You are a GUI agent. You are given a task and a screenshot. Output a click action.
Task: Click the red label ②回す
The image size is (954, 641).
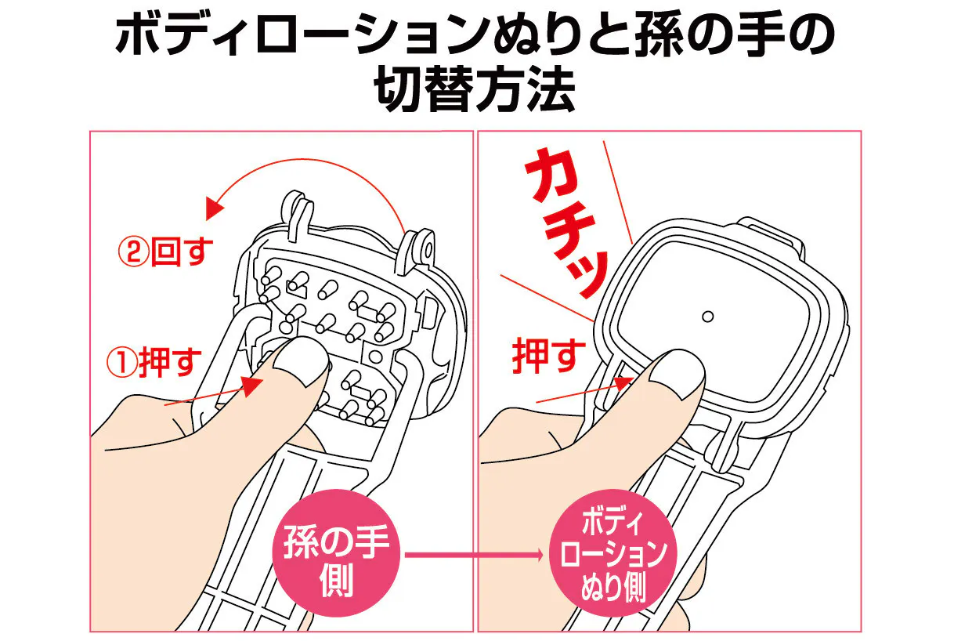click(165, 252)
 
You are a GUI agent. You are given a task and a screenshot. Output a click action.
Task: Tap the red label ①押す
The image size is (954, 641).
click(154, 362)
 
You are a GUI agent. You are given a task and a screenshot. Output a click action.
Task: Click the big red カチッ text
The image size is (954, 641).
click(566, 222)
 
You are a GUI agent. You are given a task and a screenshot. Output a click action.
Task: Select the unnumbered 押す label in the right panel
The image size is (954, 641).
click(549, 357)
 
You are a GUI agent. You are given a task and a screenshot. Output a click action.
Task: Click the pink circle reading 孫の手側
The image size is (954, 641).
click(336, 552)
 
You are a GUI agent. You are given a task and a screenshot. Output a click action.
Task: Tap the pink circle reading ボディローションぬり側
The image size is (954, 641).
click(613, 552)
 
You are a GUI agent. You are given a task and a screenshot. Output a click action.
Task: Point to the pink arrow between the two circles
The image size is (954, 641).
click(474, 555)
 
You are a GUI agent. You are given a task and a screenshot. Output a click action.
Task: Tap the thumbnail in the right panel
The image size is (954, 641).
click(678, 371)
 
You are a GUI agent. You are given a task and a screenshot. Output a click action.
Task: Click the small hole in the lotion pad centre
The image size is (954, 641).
click(707, 317)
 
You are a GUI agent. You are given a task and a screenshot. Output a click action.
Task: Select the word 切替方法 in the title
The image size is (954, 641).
click(475, 89)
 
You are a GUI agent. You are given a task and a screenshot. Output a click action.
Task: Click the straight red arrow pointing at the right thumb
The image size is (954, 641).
click(584, 389)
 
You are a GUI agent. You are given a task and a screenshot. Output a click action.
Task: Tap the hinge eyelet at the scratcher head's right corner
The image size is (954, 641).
click(426, 247)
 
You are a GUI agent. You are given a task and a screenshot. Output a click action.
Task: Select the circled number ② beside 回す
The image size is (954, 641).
click(133, 252)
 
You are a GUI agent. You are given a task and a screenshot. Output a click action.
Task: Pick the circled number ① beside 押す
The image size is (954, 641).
click(122, 362)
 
